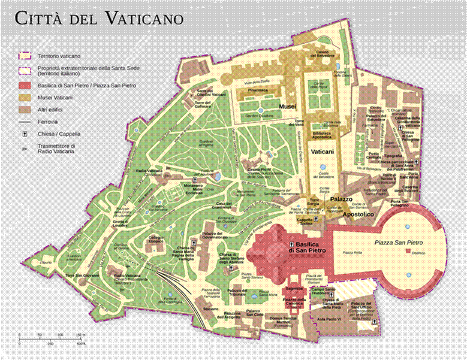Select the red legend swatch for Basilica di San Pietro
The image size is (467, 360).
25,86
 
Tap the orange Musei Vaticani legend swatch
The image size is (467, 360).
25,98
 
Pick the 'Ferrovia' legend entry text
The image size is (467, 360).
48,122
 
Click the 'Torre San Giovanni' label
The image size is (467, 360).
82,275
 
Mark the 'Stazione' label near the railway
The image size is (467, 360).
210,308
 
